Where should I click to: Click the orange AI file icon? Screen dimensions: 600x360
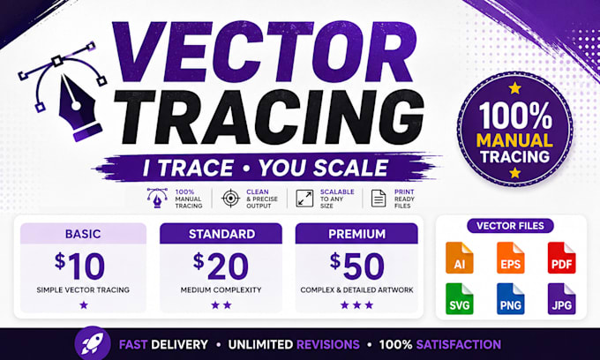pos(459,258)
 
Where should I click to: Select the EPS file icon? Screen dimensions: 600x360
pos(511,258)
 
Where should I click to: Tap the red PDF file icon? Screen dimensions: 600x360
pos(561,258)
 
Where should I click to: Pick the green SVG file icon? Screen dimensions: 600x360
pos(459,299)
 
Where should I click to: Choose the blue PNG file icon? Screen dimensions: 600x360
pos(511,299)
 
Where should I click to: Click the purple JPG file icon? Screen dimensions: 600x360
pos(561,299)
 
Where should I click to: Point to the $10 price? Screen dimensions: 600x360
pos(79,265)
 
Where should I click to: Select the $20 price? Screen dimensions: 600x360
pos(221,265)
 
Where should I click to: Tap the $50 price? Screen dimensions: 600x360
pos(356,265)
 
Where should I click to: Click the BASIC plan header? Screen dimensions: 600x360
pos(83,234)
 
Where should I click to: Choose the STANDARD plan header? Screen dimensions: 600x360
pos(221,234)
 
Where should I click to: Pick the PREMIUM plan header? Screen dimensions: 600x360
pos(356,234)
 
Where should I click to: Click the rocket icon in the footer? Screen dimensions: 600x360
pos(93,343)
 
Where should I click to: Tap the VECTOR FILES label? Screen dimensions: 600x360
pos(510,226)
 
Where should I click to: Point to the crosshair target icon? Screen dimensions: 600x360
pos(231,199)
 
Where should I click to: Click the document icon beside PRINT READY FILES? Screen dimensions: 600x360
pos(379,199)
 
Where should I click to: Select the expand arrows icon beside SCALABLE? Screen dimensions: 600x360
pos(304,199)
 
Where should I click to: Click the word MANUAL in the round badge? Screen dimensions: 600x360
pos(514,140)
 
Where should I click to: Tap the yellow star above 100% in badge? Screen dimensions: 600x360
pos(514,88)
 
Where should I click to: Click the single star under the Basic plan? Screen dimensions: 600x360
pos(84,305)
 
